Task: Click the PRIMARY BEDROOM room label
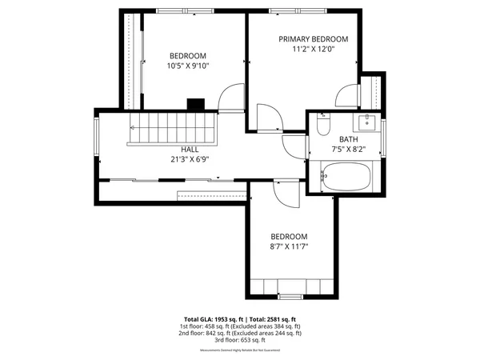(x=313, y=39)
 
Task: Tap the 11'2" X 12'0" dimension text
(x=313, y=50)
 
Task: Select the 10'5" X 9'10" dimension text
(x=187, y=66)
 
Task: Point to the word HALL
(x=190, y=149)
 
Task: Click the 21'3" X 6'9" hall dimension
(x=190, y=159)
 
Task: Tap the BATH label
(x=348, y=138)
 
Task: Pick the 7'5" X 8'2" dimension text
(x=348, y=149)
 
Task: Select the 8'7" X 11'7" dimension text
(x=289, y=247)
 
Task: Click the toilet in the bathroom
(x=322, y=126)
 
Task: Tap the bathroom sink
(x=367, y=122)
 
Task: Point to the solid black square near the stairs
(x=195, y=103)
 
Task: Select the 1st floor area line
(x=241, y=326)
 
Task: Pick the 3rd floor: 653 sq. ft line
(x=241, y=340)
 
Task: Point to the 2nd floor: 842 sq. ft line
(x=241, y=333)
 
